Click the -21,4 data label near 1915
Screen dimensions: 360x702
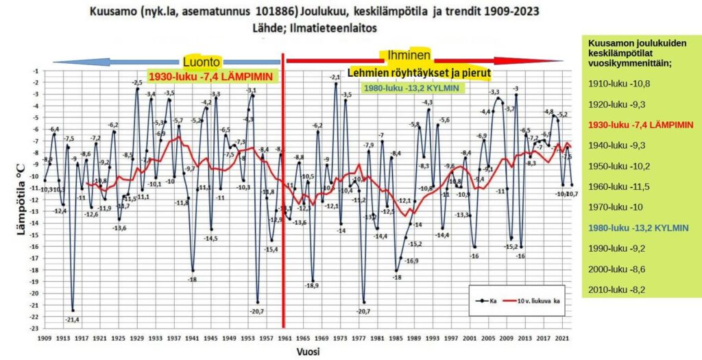[x=72, y=320]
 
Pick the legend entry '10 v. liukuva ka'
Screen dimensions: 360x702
[x=538, y=300]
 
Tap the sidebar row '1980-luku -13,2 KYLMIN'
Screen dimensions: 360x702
[x=641, y=228]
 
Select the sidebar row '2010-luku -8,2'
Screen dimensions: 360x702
[x=618, y=290]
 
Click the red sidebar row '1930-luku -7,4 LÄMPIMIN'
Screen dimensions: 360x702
[x=641, y=125]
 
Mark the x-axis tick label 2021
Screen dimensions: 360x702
[x=561, y=338]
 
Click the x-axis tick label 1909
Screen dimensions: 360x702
[x=45, y=338]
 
